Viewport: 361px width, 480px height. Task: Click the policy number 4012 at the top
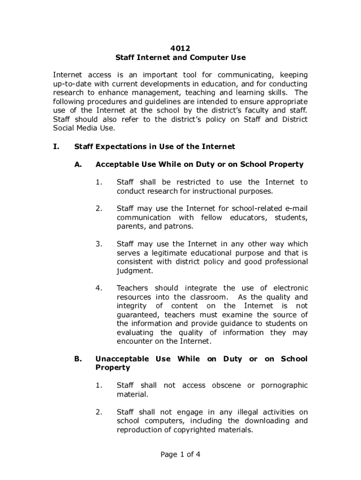180,48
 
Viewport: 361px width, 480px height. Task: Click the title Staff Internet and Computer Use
180,57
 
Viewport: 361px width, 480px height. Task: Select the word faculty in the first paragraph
256,110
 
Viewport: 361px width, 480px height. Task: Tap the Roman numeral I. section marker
56,147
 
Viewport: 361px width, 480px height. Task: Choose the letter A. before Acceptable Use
78,165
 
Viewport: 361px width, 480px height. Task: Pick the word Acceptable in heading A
117,165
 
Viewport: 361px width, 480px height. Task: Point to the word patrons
178,226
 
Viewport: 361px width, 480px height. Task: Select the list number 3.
99,244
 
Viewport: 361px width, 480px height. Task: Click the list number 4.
99,288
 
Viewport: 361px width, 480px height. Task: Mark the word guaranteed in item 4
137,315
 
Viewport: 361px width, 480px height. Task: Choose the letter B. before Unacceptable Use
78,359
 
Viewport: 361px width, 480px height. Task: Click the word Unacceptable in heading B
122,359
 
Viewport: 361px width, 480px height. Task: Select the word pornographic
285,385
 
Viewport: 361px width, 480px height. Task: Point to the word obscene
227,385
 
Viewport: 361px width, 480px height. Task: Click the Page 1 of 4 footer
180,454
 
